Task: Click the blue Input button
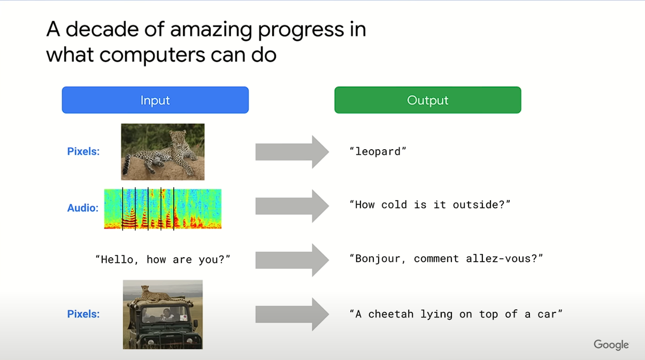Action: coord(155,100)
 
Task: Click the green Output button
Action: coord(428,100)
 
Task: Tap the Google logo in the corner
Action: coord(611,344)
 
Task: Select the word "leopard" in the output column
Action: coord(378,151)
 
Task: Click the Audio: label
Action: coord(83,208)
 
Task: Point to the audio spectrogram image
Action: coord(163,209)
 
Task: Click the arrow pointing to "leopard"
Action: coord(292,152)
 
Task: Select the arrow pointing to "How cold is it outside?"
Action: coord(292,206)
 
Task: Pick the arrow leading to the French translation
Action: coord(292,260)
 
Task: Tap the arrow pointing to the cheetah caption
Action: coord(292,314)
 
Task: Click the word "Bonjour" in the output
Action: coord(378,259)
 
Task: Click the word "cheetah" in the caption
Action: coord(391,314)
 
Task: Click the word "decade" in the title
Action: coord(102,29)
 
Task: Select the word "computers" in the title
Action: coord(152,55)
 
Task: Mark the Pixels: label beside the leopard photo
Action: coord(83,151)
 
